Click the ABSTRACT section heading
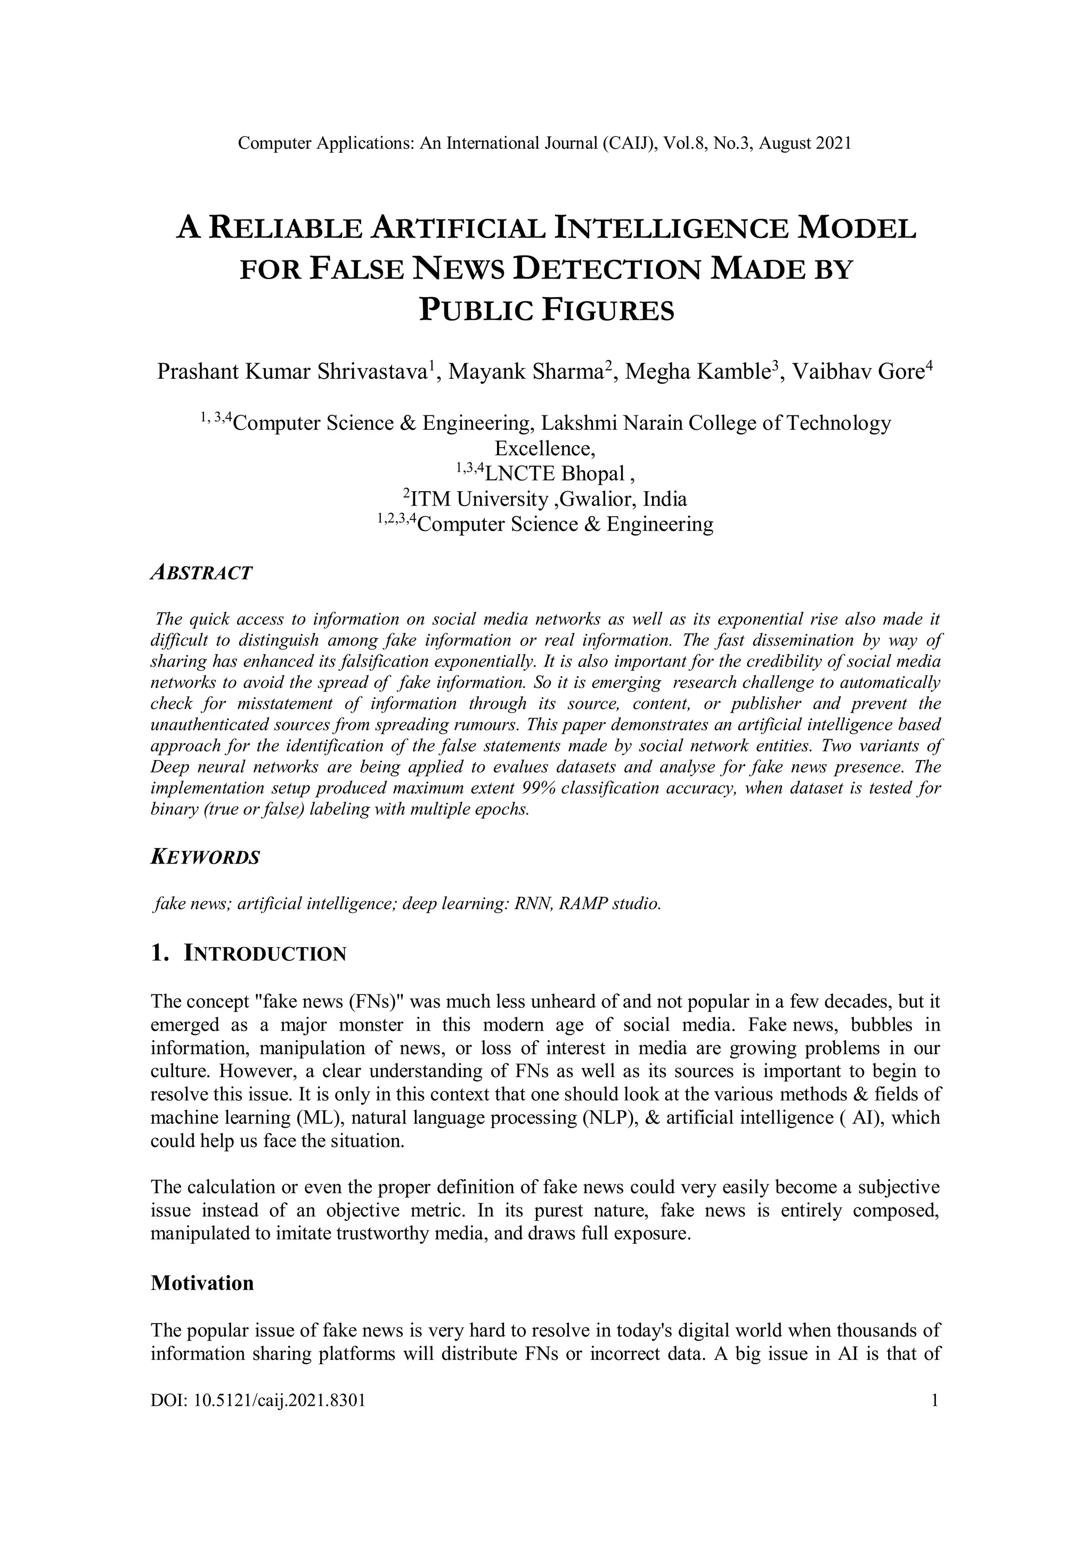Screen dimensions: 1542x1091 201,573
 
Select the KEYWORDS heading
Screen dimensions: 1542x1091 205,858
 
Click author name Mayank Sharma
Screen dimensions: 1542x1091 525,371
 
